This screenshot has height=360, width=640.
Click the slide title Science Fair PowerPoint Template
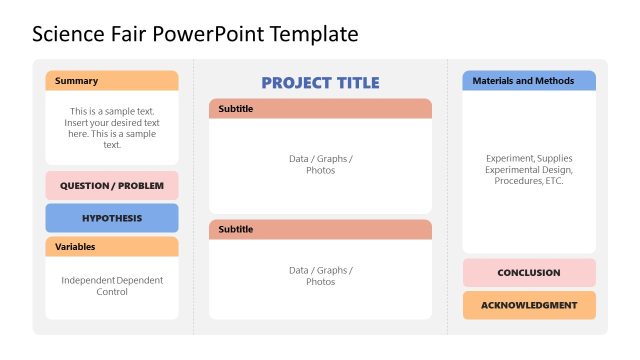click(x=195, y=34)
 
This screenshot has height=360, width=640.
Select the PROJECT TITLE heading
click(x=320, y=83)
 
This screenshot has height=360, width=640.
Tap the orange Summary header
click(x=112, y=81)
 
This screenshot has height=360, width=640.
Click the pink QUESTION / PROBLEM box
click(x=112, y=186)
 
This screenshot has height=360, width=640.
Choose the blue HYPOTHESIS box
click(x=112, y=218)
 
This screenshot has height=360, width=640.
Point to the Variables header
click(x=112, y=246)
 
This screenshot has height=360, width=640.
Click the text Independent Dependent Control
click(x=112, y=286)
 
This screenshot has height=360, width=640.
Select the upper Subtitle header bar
click(x=320, y=109)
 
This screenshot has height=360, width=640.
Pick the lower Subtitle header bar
click(x=320, y=230)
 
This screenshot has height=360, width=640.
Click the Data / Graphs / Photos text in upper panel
click(x=320, y=164)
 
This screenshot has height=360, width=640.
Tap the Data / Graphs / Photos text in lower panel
click(x=320, y=276)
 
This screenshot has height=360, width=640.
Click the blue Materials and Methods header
click(x=528, y=81)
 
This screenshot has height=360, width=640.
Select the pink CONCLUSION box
click(x=528, y=273)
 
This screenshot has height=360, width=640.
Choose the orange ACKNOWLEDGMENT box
click(x=528, y=305)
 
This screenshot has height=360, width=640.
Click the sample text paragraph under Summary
click(x=112, y=128)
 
